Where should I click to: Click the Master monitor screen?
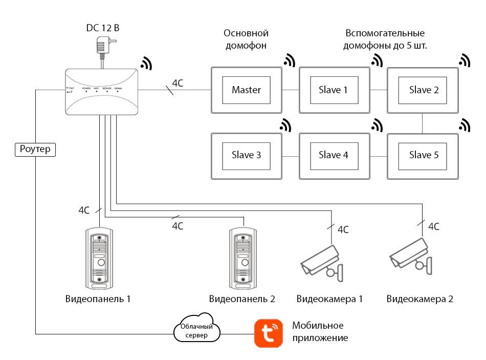(x=246, y=90)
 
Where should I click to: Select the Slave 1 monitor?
(x=333, y=90)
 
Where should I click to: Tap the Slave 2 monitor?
(x=422, y=90)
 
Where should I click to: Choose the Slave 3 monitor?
(x=246, y=155)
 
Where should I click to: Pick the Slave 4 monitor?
(x=333, y=155)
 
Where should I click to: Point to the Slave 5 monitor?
(x=422, y=155)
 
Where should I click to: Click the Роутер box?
(x=35, y=149)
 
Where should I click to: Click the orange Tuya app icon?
(x=268, y=333)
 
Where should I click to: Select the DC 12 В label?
(x=103, y=28)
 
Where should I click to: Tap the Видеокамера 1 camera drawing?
(x=322, y=262)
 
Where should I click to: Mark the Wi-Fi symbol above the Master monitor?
(x=290, y=60)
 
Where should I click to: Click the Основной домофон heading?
(x=246, y=39)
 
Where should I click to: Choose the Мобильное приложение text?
(x=320, y=332)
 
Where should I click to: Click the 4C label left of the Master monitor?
(x=178, y=83)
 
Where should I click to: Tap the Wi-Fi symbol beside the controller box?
(x=147, y=62)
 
